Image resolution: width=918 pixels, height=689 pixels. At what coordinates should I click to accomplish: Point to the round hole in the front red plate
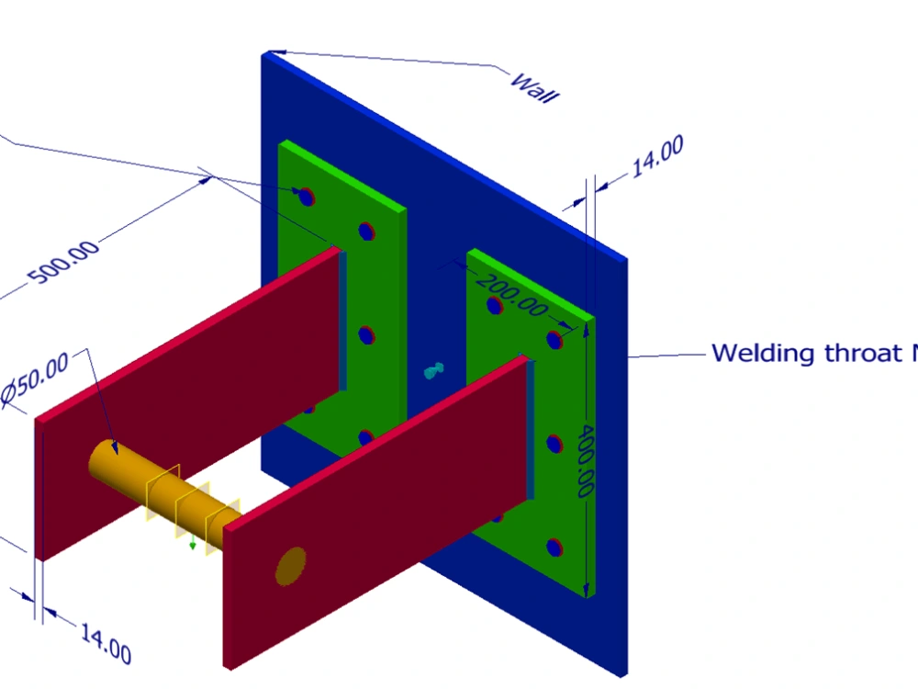[291, 565]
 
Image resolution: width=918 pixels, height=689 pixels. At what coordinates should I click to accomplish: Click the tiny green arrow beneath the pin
[192, 546]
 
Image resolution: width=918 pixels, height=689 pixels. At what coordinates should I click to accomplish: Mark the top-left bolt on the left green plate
[305, 195]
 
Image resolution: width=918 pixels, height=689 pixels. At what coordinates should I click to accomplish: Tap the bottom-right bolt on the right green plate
[554, 548]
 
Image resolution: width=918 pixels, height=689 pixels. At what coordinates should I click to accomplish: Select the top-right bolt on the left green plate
[367, 231]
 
